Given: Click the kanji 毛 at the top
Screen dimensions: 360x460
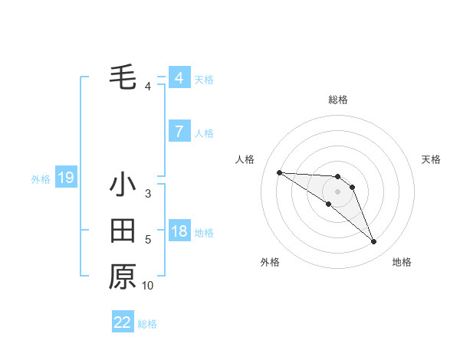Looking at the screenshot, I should pyautogui.click(x=123, y=77).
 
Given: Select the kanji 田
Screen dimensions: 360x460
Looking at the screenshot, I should pyautogui.click(x=123, y=231).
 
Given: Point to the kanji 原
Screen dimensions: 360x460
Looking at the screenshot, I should pyautogui.click(x=123, y=277).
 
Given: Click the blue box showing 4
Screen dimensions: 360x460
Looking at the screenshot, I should pyautogui.click(x=179, y=78).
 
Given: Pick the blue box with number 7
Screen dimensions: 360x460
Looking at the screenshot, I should pyautogui.click(x=179, y=132).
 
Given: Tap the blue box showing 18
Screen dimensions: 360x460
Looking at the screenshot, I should pyautogui.click(x=179, y=231).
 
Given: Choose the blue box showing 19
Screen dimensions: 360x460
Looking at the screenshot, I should pyautogui.click(x=66, y=178).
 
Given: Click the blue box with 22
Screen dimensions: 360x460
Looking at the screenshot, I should pyautogui.click(x=123, y=322).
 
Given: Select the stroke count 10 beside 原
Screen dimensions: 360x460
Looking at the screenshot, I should pyautogui.click(x=148, y=286).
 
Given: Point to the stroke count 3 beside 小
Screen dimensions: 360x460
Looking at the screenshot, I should pyautogui.click(x=148, y=194).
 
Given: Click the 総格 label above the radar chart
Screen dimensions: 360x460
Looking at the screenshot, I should pyautogui.click(x=338, y=100).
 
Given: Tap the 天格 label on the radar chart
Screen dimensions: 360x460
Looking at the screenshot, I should pyautogui.click(x=432, y=159).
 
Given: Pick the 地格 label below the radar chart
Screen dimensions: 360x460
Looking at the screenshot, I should pyautogui.click(x=402, y=262).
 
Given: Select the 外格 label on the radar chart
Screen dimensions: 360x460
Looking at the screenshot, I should pyautogui.click(x=270, y=262).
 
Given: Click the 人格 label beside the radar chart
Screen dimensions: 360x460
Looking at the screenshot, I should pyautogui.click(x=245, y=159).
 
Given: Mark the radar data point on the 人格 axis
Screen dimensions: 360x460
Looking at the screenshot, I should pyautogui.click(x=279, y=172).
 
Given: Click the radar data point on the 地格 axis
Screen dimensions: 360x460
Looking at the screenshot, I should pyautogui.click(x=374, y=242).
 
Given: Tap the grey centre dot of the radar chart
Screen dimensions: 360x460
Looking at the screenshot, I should pyautogui.click(x=338, y=191).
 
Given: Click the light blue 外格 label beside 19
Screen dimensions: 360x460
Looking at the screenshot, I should pyautogui.click(x=41, y=179).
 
